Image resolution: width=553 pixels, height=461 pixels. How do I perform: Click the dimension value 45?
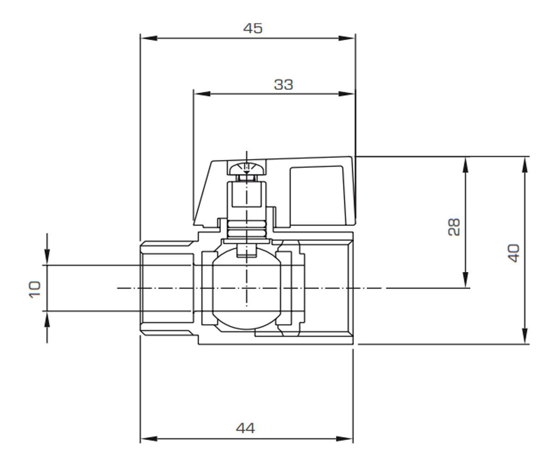click(x=253, y=28)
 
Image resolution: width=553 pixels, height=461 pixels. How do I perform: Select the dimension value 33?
click(x=283, y=85)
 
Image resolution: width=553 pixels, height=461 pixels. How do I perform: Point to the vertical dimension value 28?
click(x=454, y=227)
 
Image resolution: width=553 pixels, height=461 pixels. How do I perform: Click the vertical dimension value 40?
click(x=513, y=253)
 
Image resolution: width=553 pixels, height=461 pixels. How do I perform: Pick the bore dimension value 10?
click(x=35, y=290)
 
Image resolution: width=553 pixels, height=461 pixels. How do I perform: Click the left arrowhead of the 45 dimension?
click(x=149, y=38)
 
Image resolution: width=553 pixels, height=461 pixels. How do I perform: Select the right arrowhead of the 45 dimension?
click(x=347, y=38)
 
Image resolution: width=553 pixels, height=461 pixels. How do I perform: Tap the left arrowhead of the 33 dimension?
click(x=202, y=94)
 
